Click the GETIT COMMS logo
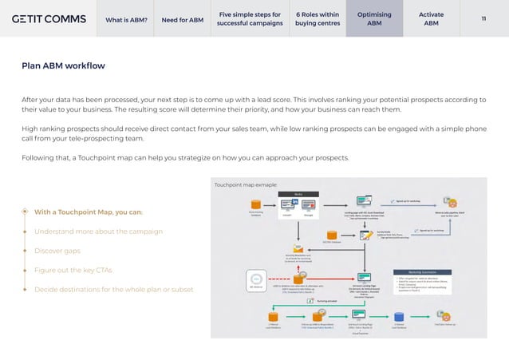point(49,19)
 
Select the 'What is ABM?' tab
point(126,20)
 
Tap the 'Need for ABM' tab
point(182,20)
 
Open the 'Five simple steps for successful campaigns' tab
point(251,19)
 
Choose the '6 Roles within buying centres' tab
point(317,19)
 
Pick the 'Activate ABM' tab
point(431,19)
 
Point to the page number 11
point(483,19)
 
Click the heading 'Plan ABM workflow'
point(63,65)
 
